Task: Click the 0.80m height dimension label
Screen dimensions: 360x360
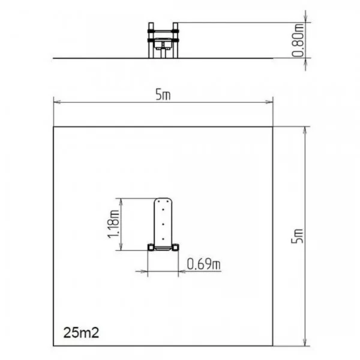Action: [298, 40]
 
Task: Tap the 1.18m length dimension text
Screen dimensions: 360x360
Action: [114, 224]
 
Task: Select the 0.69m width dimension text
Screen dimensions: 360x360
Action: [204, 263]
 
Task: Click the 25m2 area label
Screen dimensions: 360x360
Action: [81, 332]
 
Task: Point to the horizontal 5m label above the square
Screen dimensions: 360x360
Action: [163, 94]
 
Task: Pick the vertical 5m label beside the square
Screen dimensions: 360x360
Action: [298, 236]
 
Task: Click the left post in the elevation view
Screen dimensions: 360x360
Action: [151, 40]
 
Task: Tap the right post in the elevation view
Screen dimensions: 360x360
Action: [175, 40]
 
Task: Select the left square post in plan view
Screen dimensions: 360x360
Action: [151, 247]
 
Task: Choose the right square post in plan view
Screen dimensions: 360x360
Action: [176, 247]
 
